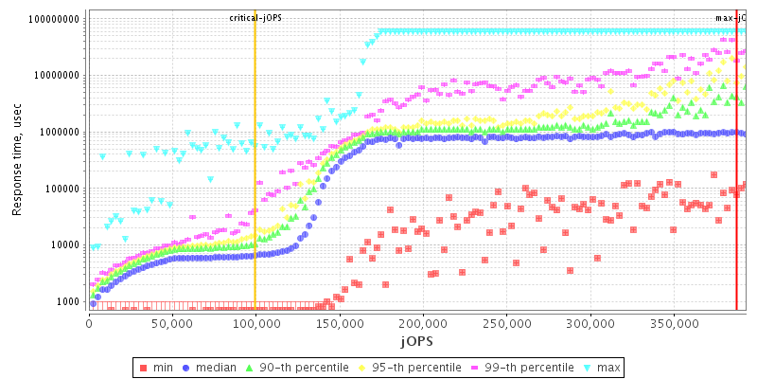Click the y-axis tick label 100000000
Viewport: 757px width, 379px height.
click(54, 19)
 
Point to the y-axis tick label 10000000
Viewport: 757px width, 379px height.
click(57, 76)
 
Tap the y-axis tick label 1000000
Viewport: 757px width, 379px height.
click(60, 132)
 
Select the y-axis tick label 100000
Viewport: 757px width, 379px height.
click(62, 189)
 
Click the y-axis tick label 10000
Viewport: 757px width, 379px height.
click(65, 244)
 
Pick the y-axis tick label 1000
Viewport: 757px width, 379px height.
click(68, 301)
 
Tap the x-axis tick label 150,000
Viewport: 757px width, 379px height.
click(340, 323)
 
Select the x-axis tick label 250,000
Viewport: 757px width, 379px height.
click(507, 323)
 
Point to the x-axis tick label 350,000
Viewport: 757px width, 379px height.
click(675, 323)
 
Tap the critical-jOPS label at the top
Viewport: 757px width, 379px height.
click(255, 18)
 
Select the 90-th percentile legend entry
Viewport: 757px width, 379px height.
click(298, 367)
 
